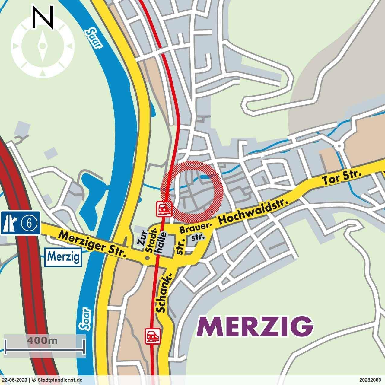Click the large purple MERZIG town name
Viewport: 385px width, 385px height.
click(x=255, y=326)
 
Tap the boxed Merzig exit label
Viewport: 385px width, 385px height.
click(x=64, y=257)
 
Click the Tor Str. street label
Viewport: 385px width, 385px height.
click(x=342, y=178)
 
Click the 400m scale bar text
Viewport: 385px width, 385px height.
click(x=42, y=341)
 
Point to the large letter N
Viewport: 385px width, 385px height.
click(x=43, y=17)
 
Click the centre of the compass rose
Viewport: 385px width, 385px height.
click(x=43, y=46)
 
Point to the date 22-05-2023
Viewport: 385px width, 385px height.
click(x=14, y=380)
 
